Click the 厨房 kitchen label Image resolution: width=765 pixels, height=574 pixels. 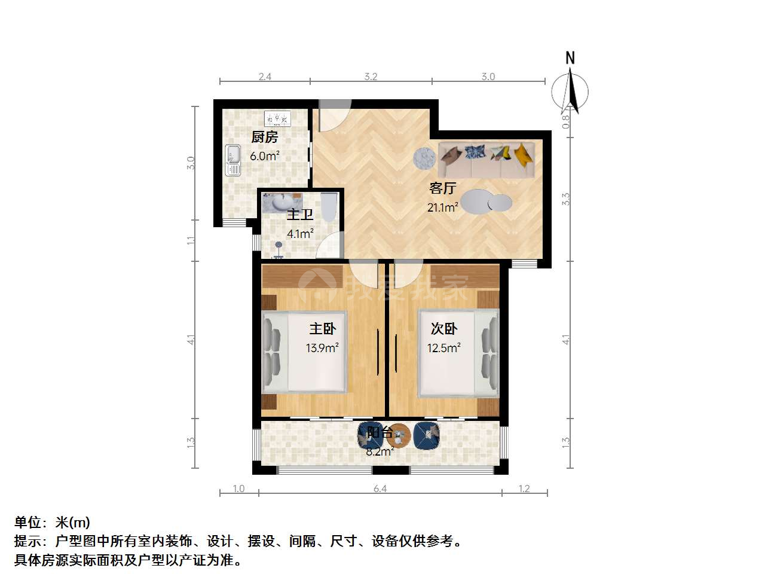point(265,137)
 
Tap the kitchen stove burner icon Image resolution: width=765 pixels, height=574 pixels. point(277,118)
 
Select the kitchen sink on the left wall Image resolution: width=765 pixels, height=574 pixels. point(233,160)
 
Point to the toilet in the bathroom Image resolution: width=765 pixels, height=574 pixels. point(329,207)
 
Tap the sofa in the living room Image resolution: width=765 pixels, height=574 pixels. point(486,160)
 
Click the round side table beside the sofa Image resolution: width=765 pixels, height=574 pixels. point(424,158)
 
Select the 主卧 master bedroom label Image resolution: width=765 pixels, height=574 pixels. point(323,329)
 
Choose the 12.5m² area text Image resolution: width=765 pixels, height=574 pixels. point(444,348)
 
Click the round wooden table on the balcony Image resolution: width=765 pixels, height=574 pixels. point(399,436)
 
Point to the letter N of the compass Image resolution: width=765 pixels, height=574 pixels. point(570,58)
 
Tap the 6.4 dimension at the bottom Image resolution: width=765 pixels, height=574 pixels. point(380,488)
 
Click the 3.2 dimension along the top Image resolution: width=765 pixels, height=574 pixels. point(371,77)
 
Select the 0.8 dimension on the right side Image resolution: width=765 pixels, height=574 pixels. point(565,121)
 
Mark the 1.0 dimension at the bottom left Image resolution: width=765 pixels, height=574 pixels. point(238,488)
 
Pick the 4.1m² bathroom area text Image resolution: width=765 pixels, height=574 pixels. point(300,233)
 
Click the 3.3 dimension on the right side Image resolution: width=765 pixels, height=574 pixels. point(565,199)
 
